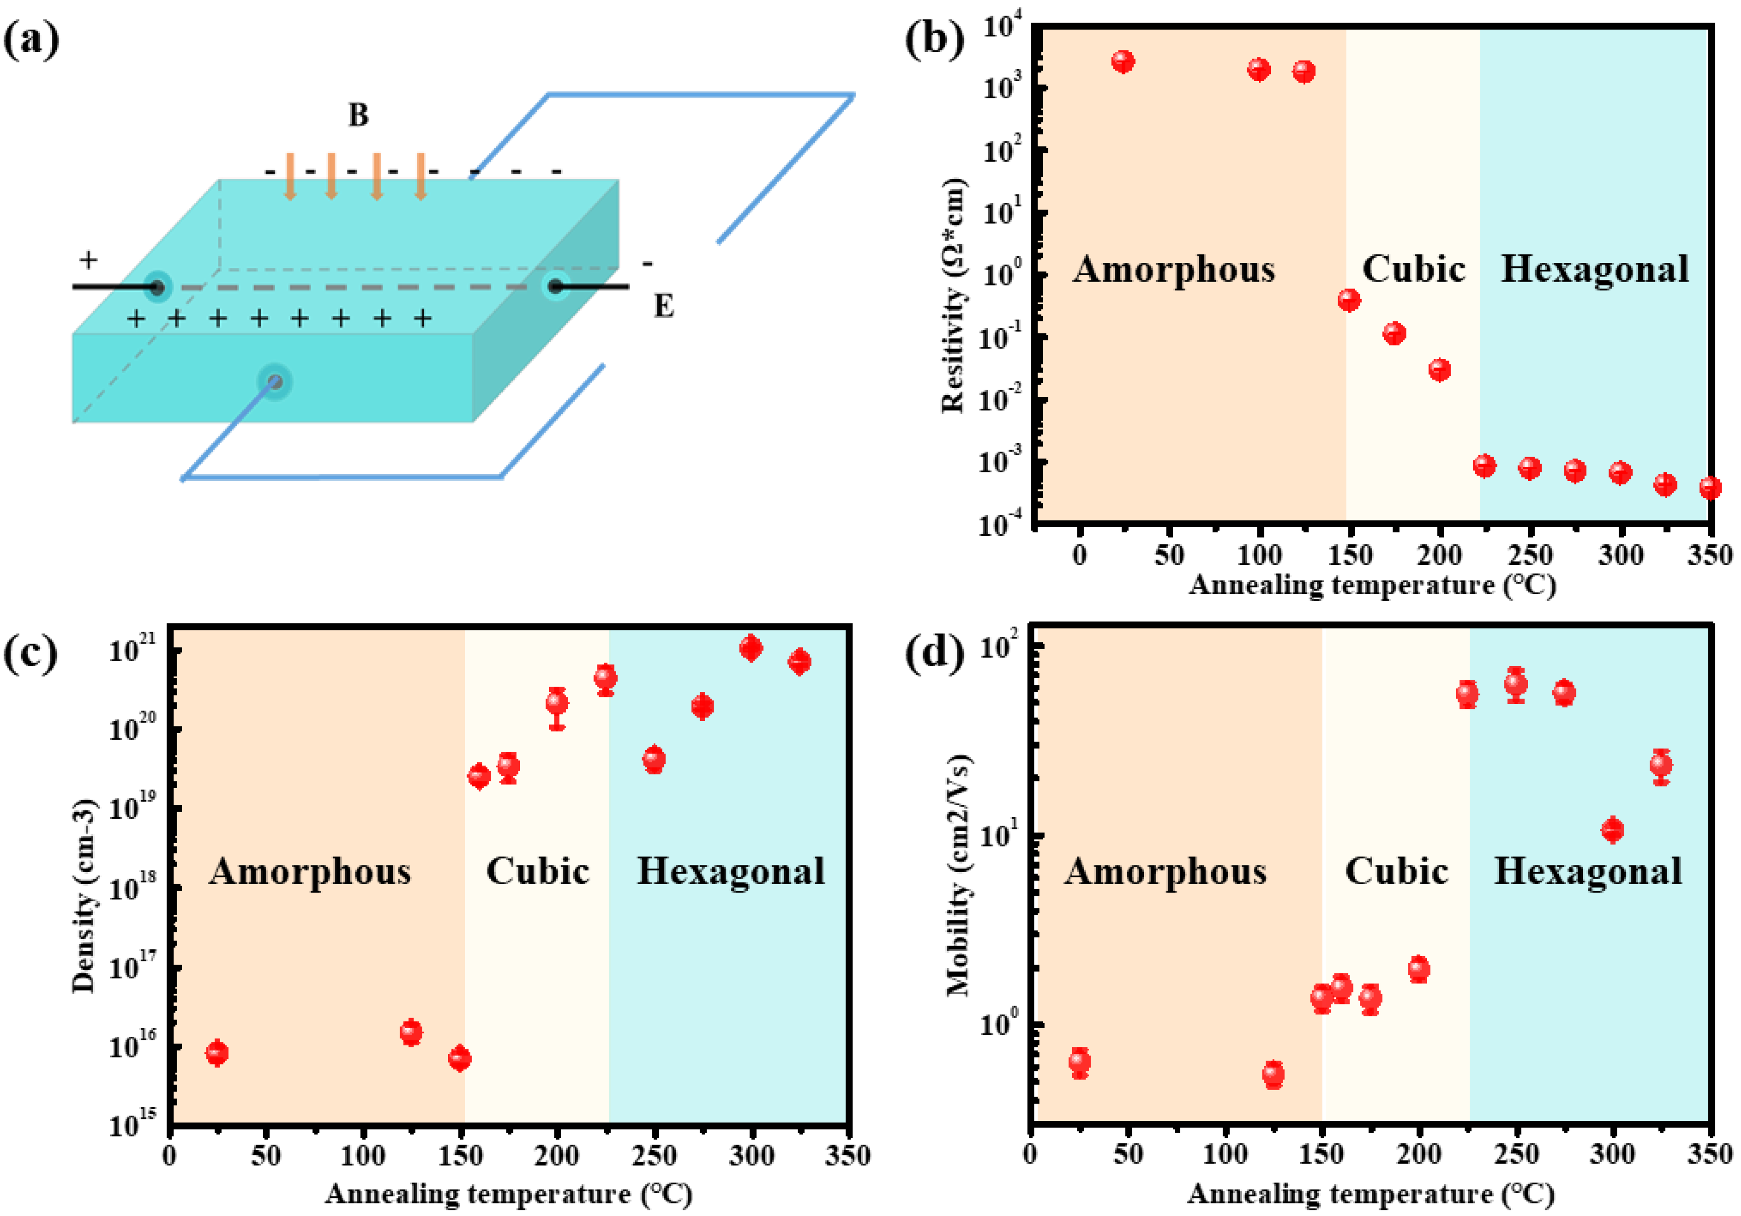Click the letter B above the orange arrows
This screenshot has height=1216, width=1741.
point(358,115)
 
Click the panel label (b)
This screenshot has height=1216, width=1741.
point(934,39)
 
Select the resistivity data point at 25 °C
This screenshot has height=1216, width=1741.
point(1123,61)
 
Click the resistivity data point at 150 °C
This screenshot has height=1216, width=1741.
point(1349,301)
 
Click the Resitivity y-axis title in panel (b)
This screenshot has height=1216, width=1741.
point(954,296)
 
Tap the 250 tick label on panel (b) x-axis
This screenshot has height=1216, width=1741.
point(1530,555)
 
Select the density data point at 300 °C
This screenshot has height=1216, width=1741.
point(750,648)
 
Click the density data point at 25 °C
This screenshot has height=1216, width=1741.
point(217,1052)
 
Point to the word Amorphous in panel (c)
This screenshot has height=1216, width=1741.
point(310,871)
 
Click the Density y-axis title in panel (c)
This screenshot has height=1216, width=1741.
point(84,895)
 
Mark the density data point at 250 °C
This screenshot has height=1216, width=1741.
point(654,759)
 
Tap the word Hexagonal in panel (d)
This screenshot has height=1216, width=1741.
point(1588,871)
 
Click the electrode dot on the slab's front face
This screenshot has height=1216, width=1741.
point(274,382)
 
